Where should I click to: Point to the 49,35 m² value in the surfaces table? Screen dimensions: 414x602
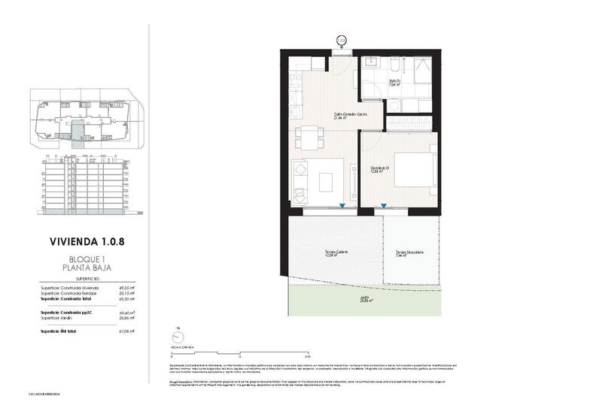pyautogui.click(x=127, y=288)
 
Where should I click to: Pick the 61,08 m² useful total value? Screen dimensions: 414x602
pyautogui.click(x=127, y=331)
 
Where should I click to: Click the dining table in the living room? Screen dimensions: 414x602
pyautogui.click(x=309, y=140)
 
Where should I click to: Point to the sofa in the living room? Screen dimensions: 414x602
pyautogui.click(x=300, y=183)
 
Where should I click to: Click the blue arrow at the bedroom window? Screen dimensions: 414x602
pyautogui.click(x=384, y=205)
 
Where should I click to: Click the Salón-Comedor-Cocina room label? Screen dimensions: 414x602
pyautogui.click(x=351, y=115)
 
